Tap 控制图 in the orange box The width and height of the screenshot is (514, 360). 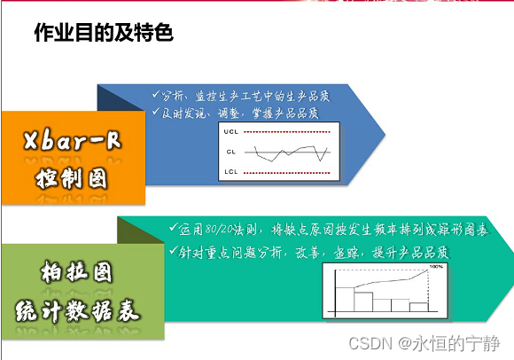[x=73, y=177]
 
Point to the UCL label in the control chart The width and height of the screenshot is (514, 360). [x=231, y=132]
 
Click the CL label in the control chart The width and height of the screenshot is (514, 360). [x=231, y=152]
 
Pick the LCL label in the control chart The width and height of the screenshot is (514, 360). [x=231, y=170]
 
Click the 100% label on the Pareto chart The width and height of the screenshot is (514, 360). [x=435, y=266]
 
